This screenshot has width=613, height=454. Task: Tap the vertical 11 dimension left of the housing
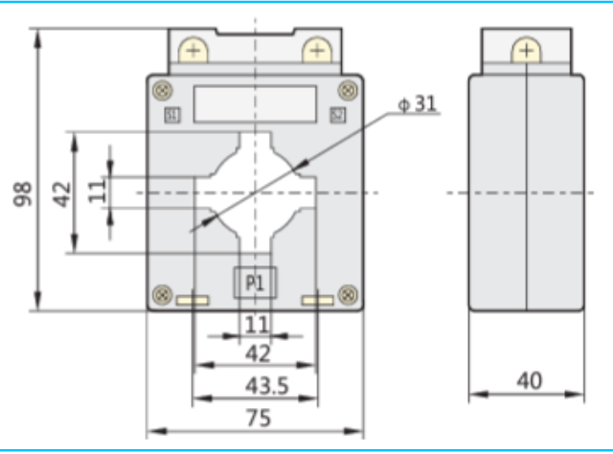pyautogui.click(x=97, y=190)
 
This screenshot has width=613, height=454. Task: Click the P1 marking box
pyautogui.click(x=255, y=283)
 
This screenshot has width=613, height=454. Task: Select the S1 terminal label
pyautogui.click(x=172, y=116)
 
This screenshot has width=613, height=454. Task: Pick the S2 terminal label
pyautogui.click(x=337, y=116)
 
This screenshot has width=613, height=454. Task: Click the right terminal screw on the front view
pyautogui.click(x=316, y=51)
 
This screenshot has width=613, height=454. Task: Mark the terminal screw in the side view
pyautogui.click(x=526, y=51)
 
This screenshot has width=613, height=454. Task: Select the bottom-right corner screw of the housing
pyautogui.click(x=348, y=294)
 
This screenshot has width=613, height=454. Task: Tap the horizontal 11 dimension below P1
pyautogui.click(x=256, y=324)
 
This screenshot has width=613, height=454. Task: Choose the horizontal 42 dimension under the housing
pyautogui.click(x=256, y=353)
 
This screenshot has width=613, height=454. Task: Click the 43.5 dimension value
pyautogui.click(x=256, y=386)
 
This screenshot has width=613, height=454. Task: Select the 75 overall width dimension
pyautogui.click(x=256, y=418)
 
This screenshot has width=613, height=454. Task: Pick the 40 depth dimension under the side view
pyautogui.click(x=528, y=381)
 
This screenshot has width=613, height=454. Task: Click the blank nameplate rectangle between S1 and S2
pyautogui.click(x=255, y=104)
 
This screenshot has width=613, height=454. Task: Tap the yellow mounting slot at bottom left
pyautogui.click(x=193, y=302)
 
